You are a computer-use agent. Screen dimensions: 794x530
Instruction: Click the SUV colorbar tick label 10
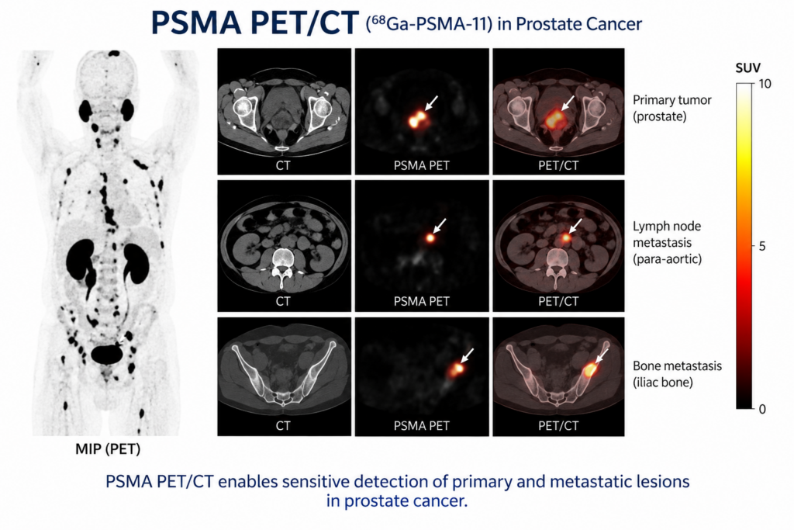[x=765, y=84]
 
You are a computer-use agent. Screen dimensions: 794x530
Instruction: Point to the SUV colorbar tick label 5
[x=762, y=247]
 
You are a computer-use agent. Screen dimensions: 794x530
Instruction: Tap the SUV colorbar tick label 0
[x=762, y=409]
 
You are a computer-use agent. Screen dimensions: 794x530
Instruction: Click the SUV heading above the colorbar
[x=748, y=68]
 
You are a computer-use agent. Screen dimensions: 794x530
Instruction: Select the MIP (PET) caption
[x=108, y=449]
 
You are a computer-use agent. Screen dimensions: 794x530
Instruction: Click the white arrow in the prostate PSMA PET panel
[x=431, y=103]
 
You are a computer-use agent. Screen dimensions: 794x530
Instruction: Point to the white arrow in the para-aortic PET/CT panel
[x=575, y=226]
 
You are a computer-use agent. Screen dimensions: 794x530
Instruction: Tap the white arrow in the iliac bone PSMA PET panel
[x=467, y=355]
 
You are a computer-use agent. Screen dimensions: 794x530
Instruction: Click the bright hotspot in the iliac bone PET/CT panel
[x=590, y=370]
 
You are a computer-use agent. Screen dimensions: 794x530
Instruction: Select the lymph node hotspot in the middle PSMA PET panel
[x=430, y=237]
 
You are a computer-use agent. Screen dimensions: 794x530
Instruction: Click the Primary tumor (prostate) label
[x=672, y=109]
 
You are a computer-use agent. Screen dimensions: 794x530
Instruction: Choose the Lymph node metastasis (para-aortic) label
[x=668, y=243]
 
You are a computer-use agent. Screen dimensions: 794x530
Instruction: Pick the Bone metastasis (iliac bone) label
[x=677, y=374]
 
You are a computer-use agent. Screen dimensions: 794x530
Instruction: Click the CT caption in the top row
[x=283, y=166]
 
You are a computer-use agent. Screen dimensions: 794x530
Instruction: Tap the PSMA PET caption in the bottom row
[x=422, y=426]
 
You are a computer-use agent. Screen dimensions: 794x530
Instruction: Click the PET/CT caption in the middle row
[x=558, y=302]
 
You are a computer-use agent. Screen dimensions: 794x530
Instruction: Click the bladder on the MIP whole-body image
[x=107, y=354]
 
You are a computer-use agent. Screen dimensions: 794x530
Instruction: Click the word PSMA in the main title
[x=196, y=23]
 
